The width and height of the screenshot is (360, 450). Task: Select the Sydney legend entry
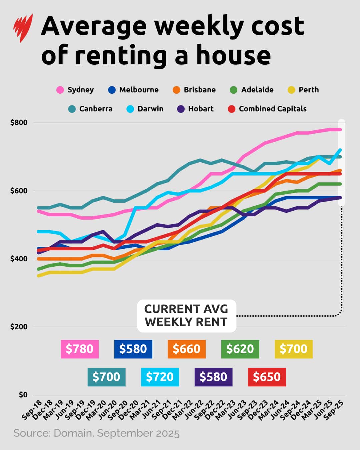pyautogui.click(x=75, y=90)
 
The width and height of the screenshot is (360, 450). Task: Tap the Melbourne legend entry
pyautogui.click(x=134, y=90)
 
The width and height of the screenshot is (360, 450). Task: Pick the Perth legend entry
pyautogui.click(x=303, y=90)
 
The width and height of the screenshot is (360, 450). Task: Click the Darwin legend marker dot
pyautogui.click(x=130, y=109)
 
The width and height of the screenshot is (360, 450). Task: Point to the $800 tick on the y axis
pyautogui.click(x=19, y=123)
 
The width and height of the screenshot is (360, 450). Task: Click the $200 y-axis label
pyautogui.click(x=19, y=327)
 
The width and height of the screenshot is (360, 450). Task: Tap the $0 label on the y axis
pyautogui.click(x=23, y=395)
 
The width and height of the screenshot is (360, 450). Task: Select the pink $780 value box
pyautogui.click(x=80, y=349)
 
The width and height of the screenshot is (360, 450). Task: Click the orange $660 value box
pyautogui.click(x=187, y=349)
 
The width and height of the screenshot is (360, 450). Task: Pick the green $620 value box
pyautogui.click(x=240, y=349)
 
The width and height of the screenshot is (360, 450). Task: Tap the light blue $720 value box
pyautogui.click(x=160, y=377)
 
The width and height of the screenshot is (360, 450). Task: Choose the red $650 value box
pyautogui.click(x=267, y=377)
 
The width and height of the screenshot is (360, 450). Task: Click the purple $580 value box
pyautogui.click(x=213, y=377)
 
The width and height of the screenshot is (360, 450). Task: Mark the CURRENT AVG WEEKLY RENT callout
pyautogui.click(x=186, y=316)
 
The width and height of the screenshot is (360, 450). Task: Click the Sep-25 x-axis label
pyautogui.click(x=334, y=409)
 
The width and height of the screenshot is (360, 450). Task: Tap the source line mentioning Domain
pyautogui.click(x=96, y=433)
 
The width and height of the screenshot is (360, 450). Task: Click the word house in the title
pyautogui.click(x=233, y=55)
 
